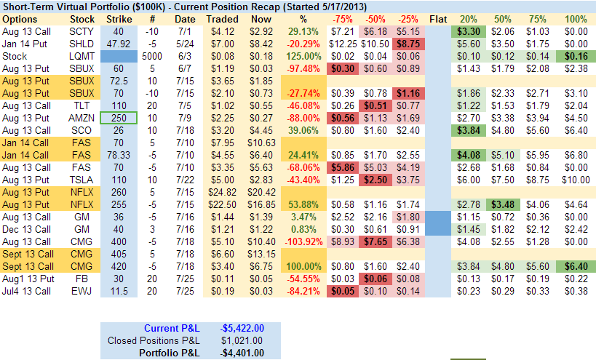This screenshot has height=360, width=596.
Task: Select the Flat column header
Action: pos(438,18)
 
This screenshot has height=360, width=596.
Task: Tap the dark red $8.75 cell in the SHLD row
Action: pos(408,43)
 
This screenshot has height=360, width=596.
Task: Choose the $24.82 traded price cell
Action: pos(221,191)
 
